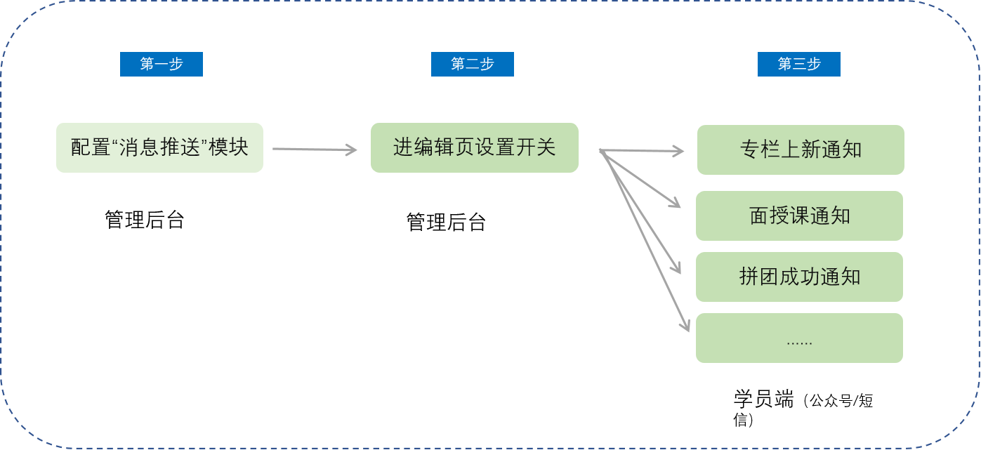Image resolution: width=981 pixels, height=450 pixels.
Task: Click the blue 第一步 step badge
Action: point(162,64)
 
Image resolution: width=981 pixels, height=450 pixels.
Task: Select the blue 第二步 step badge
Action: point(473,64)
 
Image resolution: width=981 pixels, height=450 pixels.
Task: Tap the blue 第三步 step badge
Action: point(799,64)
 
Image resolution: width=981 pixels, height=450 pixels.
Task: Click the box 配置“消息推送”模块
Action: point(159,147)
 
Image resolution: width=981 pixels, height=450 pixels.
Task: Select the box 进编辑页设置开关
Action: point(475,147)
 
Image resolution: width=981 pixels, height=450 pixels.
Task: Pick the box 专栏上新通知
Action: point(801,150)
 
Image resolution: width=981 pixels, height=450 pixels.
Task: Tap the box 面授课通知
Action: point(799,216)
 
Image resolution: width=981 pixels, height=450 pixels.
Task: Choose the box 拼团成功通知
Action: point(799,277)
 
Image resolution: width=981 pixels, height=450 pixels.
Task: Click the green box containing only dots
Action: point(799,338)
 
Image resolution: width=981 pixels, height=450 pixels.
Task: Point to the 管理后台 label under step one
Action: point(145,220)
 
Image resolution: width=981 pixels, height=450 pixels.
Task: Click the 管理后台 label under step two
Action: point(447,222)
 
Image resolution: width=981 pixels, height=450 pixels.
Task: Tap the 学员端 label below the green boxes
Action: point(763,400)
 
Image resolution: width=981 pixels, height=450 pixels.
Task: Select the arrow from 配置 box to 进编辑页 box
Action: point(315,149)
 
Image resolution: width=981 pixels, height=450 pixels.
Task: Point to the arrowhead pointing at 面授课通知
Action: point(676,204)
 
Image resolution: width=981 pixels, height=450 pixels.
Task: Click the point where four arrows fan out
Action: point(601,150)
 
